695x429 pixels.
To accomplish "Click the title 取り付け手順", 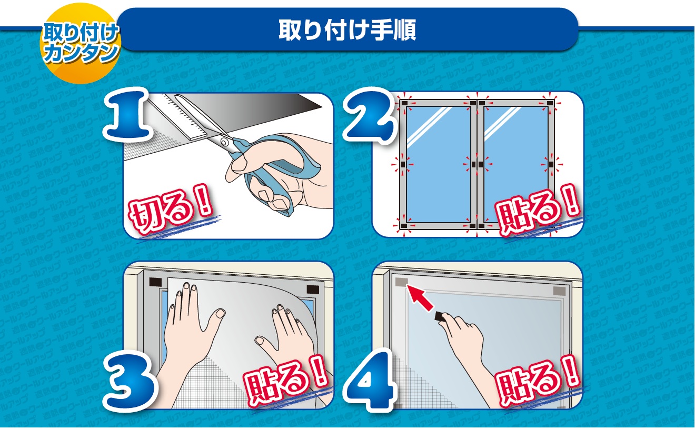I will click(347, 31).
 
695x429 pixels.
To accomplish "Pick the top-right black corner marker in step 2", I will click(550, 104).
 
